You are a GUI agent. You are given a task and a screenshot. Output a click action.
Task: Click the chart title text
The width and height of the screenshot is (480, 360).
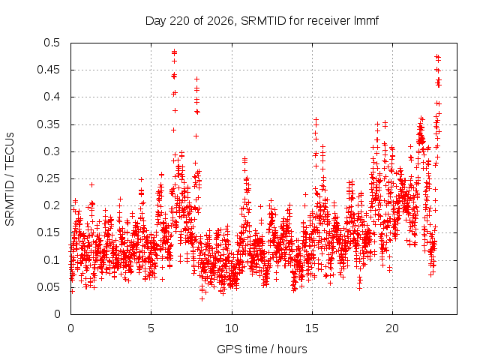262,21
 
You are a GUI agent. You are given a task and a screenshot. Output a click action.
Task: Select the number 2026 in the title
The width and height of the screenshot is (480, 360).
220,21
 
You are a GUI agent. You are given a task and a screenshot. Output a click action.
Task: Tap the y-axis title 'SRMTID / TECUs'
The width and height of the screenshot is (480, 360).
10,179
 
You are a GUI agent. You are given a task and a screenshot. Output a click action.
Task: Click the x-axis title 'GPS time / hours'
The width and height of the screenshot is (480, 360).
262,349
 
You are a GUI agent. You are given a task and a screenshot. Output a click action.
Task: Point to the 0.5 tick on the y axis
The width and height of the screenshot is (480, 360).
52,43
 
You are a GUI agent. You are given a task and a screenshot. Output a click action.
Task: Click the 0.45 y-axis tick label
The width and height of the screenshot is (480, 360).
49,70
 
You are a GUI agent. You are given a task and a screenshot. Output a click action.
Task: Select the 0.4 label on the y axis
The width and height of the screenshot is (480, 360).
52,97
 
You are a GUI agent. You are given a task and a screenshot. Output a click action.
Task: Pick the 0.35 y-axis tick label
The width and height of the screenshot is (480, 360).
49,124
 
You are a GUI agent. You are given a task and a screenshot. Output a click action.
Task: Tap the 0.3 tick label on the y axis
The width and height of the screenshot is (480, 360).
52,151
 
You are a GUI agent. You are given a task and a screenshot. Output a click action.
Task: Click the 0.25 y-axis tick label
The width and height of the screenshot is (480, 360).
49,178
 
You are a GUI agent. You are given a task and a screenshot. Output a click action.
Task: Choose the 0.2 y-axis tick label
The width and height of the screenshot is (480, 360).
52,205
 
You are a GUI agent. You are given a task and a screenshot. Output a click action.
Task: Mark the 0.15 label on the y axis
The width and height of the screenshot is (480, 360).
49,232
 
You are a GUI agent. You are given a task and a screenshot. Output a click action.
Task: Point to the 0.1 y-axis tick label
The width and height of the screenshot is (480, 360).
52,260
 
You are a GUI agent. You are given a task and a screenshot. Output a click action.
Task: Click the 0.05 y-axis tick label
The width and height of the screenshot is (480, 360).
49,287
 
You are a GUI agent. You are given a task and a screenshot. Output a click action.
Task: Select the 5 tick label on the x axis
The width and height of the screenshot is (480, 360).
151,328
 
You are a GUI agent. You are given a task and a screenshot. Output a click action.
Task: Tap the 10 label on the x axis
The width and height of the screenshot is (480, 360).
232,328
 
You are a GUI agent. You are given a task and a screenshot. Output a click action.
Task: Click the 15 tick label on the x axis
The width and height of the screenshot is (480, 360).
312,328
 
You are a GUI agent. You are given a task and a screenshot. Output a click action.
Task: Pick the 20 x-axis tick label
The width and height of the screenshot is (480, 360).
392,328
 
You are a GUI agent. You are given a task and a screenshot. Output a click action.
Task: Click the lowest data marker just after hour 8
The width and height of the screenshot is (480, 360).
202,298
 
